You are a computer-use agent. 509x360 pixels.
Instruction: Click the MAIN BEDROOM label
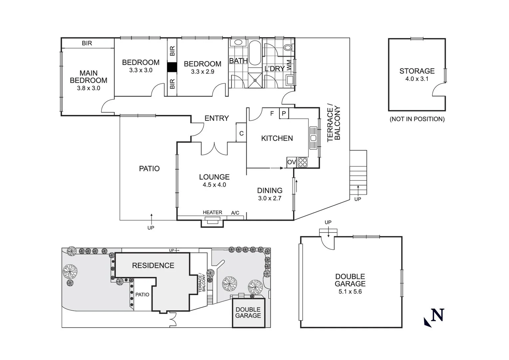click(88, 77)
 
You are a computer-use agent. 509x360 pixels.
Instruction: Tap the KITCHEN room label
click(277, 138)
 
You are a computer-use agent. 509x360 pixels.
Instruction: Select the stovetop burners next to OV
click(302, 162)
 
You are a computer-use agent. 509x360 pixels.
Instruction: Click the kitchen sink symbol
click(313, 138)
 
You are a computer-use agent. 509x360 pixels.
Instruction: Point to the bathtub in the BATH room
click(255, 53)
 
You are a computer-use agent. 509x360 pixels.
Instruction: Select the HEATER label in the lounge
click(212, 212)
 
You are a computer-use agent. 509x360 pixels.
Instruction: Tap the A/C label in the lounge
click(235, 213)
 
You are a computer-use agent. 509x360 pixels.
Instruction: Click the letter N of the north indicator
click(437, 315)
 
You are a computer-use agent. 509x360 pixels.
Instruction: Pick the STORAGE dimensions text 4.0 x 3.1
click(417, 79)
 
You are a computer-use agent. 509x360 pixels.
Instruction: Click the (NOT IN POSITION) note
click(417, 119)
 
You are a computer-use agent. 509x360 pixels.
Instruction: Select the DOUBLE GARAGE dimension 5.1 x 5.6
click(350, 291)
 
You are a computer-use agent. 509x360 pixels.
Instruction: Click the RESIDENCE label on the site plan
click(153, 265)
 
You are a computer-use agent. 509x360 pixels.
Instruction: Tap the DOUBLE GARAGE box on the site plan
click(248, 313)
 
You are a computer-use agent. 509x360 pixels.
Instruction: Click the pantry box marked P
click(284, 114)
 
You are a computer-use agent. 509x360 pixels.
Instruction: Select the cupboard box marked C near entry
click(241, 133)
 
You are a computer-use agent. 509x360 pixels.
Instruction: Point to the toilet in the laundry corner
click(287, 47)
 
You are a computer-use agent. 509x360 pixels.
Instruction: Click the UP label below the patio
click(151, 228)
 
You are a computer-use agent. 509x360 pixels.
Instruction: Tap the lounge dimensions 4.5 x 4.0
click(214, 185)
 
